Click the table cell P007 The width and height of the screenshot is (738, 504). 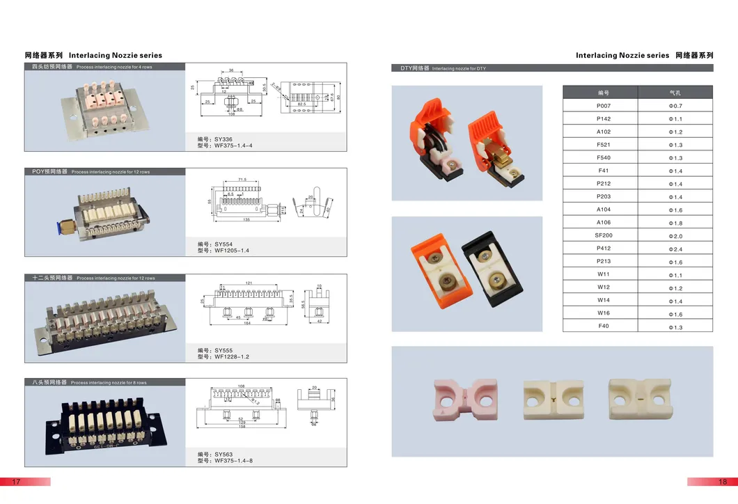[603, 106]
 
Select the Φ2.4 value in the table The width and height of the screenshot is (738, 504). [675, 249]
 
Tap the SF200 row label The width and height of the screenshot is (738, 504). [603, 235]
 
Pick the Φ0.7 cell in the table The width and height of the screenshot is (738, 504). [675, 106]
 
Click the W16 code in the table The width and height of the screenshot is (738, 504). [603, 313]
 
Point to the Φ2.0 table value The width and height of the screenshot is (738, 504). [675, 236]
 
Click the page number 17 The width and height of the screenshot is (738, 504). [17, 482]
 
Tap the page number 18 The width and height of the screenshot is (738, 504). [723, 482]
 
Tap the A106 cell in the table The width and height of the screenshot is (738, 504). [603, 223]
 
